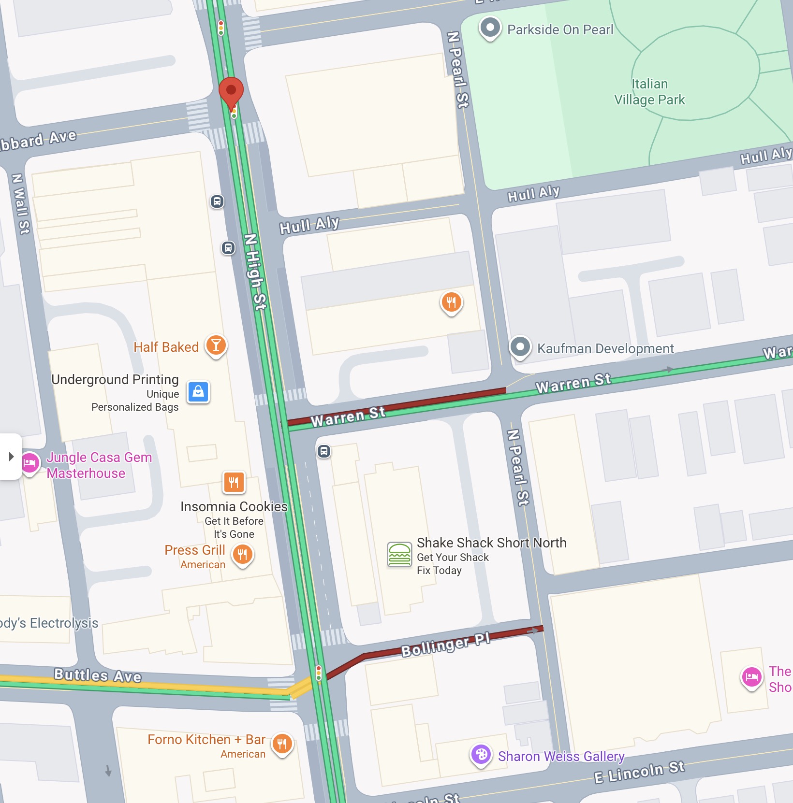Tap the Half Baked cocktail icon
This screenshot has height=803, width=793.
[216, 345]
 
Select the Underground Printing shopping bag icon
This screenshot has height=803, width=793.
[198, 392]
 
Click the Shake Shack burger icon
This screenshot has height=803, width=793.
[399, 554]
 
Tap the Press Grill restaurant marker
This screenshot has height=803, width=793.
[243, 555]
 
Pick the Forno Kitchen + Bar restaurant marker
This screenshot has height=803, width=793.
[282, 744]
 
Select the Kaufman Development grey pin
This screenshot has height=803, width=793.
[520, 347]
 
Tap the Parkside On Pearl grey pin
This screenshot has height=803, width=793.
[490, 28]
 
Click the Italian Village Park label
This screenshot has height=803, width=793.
[649, 92]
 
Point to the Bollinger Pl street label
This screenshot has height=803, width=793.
[446, 644]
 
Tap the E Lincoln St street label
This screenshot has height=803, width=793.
[639, 772]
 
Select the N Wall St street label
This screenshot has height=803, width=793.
[21, 204]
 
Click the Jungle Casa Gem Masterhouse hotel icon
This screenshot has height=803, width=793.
[30, 463]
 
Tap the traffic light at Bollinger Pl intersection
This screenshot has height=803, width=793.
[319, 673]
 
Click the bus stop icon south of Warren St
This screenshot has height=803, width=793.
[324, 451]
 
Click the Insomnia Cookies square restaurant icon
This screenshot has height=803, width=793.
[234, 482]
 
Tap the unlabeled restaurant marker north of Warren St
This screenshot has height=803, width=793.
[451, 302]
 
